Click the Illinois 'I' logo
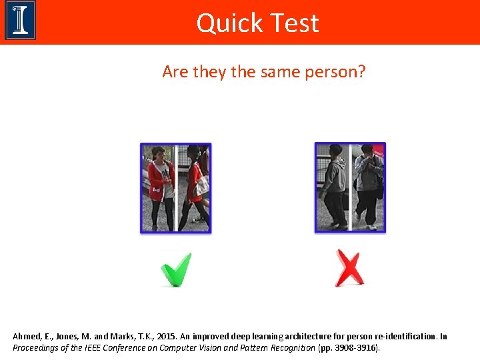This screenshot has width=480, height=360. [20, 21]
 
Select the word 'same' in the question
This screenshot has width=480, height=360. [269, 71]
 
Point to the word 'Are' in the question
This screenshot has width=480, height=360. [175, 71]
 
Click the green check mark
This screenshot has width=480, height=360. [176, 269]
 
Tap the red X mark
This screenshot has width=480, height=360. [349, 269]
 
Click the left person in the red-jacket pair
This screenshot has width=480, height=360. [159, 187]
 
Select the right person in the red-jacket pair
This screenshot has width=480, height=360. [195, 187]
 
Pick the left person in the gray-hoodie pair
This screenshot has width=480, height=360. [333, 187]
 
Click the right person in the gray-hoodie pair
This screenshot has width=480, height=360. [367, 187]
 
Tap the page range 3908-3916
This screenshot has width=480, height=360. [355, 348]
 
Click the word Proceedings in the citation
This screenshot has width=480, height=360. [37, 348]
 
